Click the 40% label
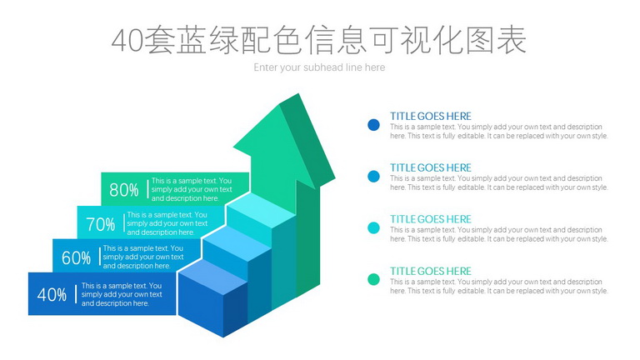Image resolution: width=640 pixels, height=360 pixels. point(52,294)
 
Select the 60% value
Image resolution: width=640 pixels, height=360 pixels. point(77,258)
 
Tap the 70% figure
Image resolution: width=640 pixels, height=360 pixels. point(100,224)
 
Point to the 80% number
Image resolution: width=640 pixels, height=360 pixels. point(124,190)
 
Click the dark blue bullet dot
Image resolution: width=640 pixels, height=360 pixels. point(373,125)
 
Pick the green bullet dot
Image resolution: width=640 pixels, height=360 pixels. point(373,279)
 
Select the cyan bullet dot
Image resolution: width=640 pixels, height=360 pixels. point(373,227)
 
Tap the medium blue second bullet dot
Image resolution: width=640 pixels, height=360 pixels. point(373,177)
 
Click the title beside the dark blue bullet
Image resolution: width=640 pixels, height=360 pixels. point(431,117)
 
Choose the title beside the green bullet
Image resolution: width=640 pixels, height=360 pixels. point(431,271)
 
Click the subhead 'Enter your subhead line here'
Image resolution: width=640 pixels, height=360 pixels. point(319,67)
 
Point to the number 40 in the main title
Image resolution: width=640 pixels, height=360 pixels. point(127,41)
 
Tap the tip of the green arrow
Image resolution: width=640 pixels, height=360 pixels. point(299,94)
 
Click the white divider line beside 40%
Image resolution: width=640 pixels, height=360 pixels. point(76,294)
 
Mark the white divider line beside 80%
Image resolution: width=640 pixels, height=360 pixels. point(147,189)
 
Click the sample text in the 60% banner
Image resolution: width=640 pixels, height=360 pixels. point(143,257)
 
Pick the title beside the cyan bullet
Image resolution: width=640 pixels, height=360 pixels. point(431,219)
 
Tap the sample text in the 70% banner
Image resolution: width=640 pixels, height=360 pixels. point(167,223)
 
